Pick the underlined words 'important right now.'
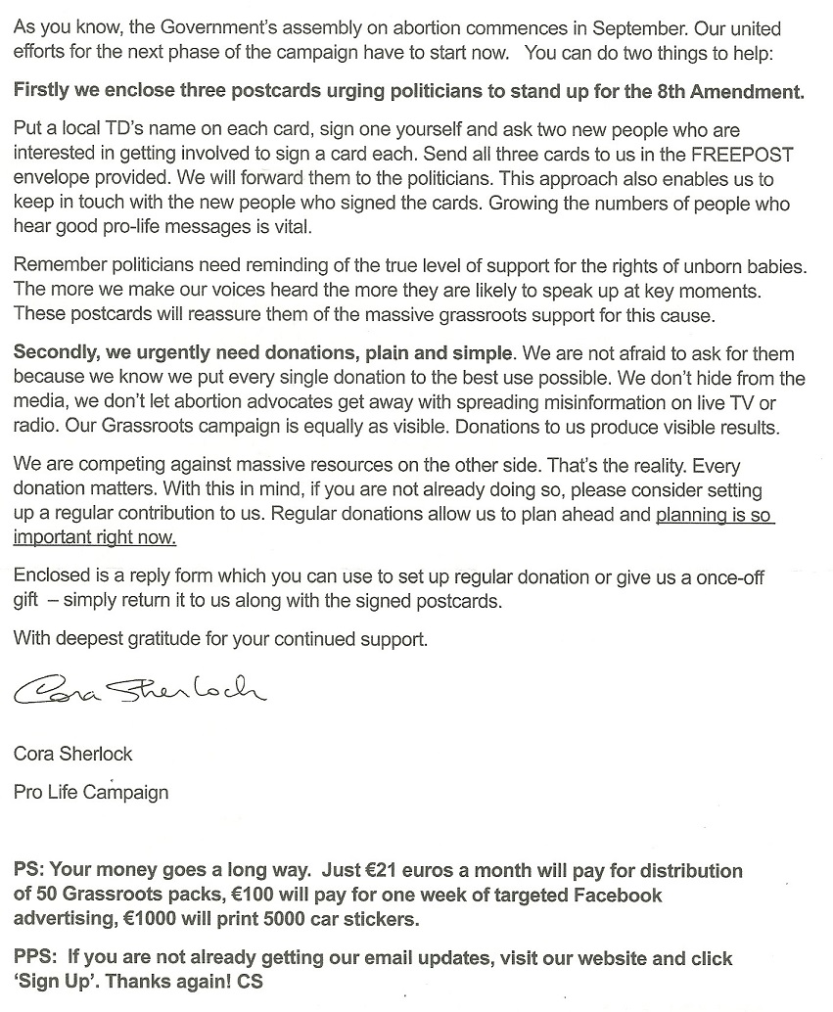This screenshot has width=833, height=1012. pyautogui.click(x=95, y=537)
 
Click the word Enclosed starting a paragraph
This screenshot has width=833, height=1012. pyautogui.click(x=50, y=578)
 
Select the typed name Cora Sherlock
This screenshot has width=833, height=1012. pyautogui.click(x=73, y=754)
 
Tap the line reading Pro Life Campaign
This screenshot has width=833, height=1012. pyautogui.click(x=91, y=792)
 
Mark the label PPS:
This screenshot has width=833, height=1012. pyautogui.click(x=36, y=958)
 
